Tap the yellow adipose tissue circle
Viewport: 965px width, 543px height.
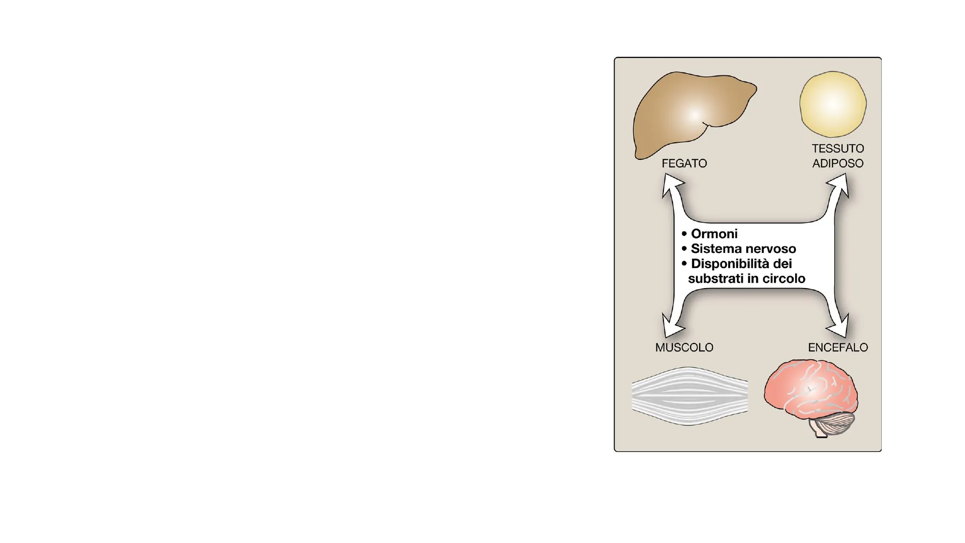[x=833, y=104]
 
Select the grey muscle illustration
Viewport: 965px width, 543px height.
[x=690, y=396]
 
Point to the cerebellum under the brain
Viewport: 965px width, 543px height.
[x=834, y=424]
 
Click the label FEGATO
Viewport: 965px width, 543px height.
[x=684, y=163]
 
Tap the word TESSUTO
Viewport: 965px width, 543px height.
[x=838, y=149]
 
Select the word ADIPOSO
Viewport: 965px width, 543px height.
[x=838, y=163]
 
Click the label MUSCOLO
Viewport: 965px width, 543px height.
[x=684, y=347]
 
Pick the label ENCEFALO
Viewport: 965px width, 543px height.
[x=838, y=347]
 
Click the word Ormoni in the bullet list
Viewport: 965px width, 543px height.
[x=714, y=234]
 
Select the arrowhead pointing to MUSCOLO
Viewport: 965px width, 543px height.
[x=671, y=328]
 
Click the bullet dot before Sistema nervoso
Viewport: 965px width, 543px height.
[x=684, y=249]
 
